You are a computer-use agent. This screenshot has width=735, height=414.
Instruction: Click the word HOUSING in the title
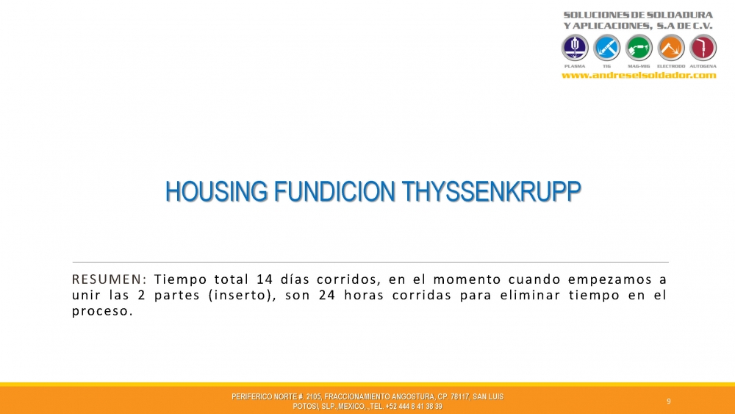click(217, 192)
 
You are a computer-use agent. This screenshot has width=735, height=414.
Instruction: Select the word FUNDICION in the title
click(334, 192)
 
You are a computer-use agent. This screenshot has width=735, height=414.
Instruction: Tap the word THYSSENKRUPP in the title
click(491, 192)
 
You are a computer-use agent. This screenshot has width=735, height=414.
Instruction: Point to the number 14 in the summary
click(265, 279)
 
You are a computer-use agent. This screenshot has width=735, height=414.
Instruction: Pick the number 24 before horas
click(327, 296)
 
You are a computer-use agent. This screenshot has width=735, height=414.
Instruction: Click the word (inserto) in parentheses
click(243, 296)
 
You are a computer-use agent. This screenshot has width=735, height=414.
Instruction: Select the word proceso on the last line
click(100, 312)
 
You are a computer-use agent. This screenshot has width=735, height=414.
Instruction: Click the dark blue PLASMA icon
click(575, 48)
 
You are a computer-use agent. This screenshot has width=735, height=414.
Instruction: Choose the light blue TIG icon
click(606, 48)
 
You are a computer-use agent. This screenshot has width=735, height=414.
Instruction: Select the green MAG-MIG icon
click(639, 48)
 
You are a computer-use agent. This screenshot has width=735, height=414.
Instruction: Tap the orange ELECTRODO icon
click(671, 48)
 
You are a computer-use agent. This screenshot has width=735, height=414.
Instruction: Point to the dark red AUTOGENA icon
click(703, 48)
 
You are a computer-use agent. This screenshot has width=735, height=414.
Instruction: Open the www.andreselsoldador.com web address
click(639, 75)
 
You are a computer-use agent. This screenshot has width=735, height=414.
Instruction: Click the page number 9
click(669, 401)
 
